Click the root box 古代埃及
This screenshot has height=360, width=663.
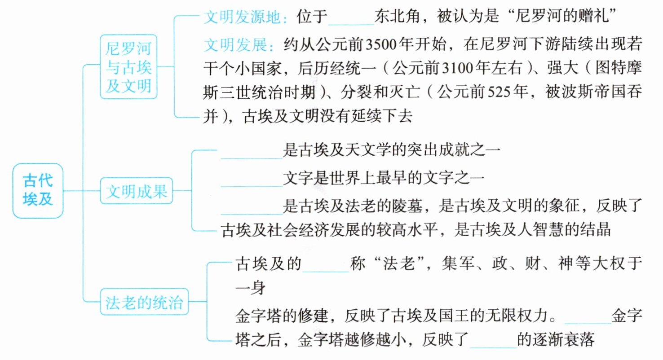[38, 191]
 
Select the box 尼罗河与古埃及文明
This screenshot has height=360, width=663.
[128, 66]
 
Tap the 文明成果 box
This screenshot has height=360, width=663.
[136, 192]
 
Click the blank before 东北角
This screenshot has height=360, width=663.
[351, 19]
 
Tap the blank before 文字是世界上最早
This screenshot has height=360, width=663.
[252, 180]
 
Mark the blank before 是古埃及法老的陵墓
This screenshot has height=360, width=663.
[252, 206]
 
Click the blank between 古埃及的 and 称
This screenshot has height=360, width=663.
[326, 265]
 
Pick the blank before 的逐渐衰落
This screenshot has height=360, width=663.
[494, 340]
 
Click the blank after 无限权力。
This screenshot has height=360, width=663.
[588, 316]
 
